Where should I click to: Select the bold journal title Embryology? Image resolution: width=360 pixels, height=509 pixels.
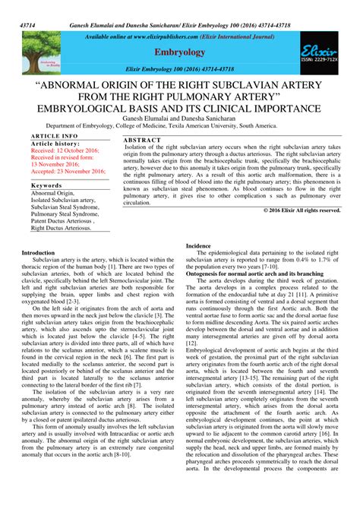[180, 52]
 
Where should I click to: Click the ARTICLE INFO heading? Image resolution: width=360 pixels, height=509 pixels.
[46, 135]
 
